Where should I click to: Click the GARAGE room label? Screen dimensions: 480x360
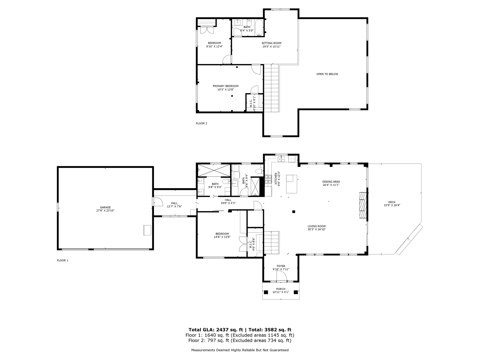(105, 207)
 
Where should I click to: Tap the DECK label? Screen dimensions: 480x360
(392, 202)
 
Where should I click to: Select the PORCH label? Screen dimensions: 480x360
(281, 289)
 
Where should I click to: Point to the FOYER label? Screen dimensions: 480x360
(281, 266)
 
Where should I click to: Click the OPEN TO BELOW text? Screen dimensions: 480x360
(327, 74)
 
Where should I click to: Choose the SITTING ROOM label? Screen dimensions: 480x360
(272, 43)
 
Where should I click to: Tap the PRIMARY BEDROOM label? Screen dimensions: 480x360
(226, 86)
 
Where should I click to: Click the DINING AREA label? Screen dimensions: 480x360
(331, 182)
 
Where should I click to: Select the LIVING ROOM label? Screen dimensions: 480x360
(317, 226)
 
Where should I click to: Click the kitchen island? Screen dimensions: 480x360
(291, 184)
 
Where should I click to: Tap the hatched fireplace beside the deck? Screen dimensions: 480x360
(363, 205)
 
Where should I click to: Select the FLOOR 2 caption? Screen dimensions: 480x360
(201, 123)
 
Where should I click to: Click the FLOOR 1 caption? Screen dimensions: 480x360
(62, 260)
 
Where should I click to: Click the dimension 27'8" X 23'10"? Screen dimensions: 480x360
(105, 211)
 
